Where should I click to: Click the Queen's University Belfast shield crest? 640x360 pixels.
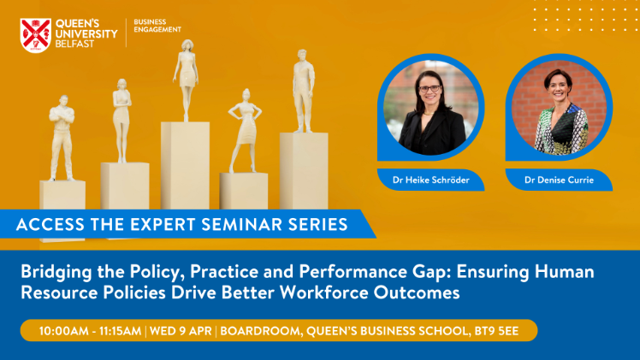pos(36,35)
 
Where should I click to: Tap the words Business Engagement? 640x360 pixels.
pos(157,26)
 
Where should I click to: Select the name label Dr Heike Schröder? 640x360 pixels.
pos(430,180)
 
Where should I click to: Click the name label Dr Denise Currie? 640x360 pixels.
pos(559,180)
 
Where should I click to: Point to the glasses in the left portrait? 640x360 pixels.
pos(430,88)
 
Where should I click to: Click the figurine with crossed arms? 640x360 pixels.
pos(62,138)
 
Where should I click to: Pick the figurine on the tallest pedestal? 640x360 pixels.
pos(187,80)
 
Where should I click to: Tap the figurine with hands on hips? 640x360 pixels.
pos(245,131)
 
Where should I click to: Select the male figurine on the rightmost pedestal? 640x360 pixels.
pos(303,91)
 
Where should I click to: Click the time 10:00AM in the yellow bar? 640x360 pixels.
pos(62,331)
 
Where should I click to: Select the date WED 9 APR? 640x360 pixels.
pos(181,331)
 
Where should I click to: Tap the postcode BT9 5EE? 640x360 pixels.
pos(496,331)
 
